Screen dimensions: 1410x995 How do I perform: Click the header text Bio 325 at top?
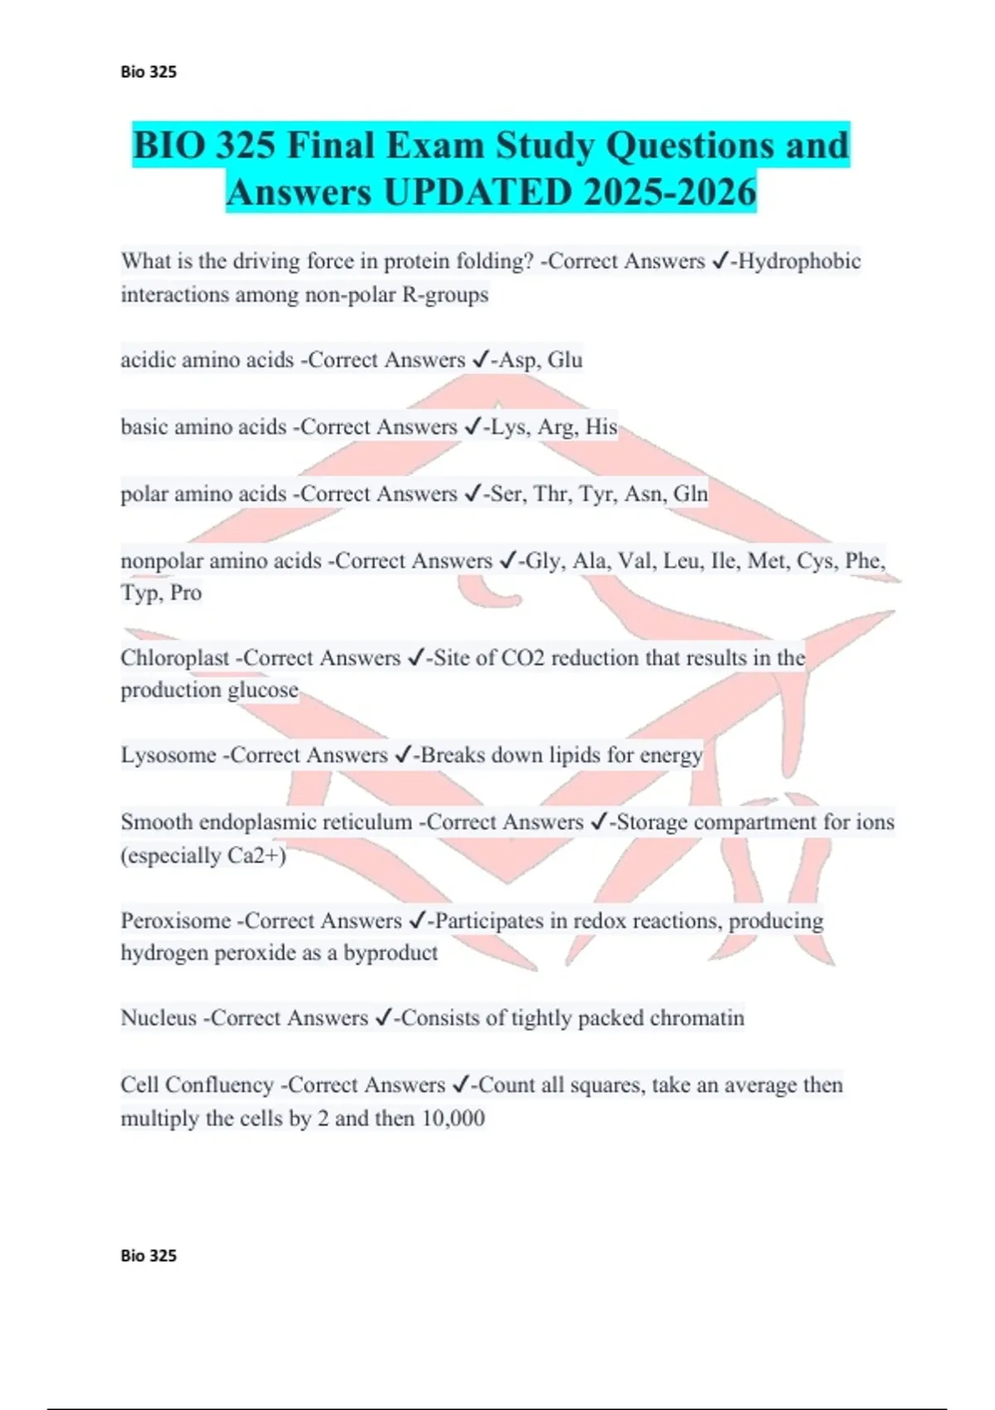click(148, 72)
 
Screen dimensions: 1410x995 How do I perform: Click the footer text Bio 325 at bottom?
click(148, 1256)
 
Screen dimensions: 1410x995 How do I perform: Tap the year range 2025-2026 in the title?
click(670, 192)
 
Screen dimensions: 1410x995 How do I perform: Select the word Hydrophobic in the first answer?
click(799, 261)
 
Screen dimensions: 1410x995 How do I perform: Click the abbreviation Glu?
click(565, 360)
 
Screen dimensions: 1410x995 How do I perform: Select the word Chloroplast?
click(174, 659)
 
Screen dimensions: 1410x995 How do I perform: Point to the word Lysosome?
click(168, 756)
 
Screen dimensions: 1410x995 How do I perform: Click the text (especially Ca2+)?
click(203, 856)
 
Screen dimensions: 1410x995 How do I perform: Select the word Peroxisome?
click(175, 921)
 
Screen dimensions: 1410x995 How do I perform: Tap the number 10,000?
click(453, 1119)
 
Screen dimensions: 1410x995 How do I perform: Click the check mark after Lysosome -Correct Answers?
click(404, 755)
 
